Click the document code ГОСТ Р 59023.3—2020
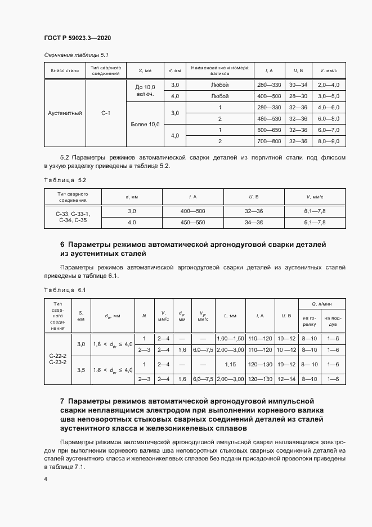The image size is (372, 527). coord(77,38)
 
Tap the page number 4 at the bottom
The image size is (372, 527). coord(46,479)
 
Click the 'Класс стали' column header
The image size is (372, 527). coord(65,70)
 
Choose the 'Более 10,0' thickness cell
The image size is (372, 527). coord(145,124)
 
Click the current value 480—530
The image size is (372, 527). coord(268,119)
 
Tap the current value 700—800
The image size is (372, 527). coord(268,141)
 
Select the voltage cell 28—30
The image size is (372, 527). coord(298,96)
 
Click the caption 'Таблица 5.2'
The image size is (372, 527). coord(65,180)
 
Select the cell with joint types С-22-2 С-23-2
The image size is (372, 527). coord(57,359)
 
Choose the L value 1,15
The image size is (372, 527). coord(230,365)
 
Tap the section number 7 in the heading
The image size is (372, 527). coord(62,401)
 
